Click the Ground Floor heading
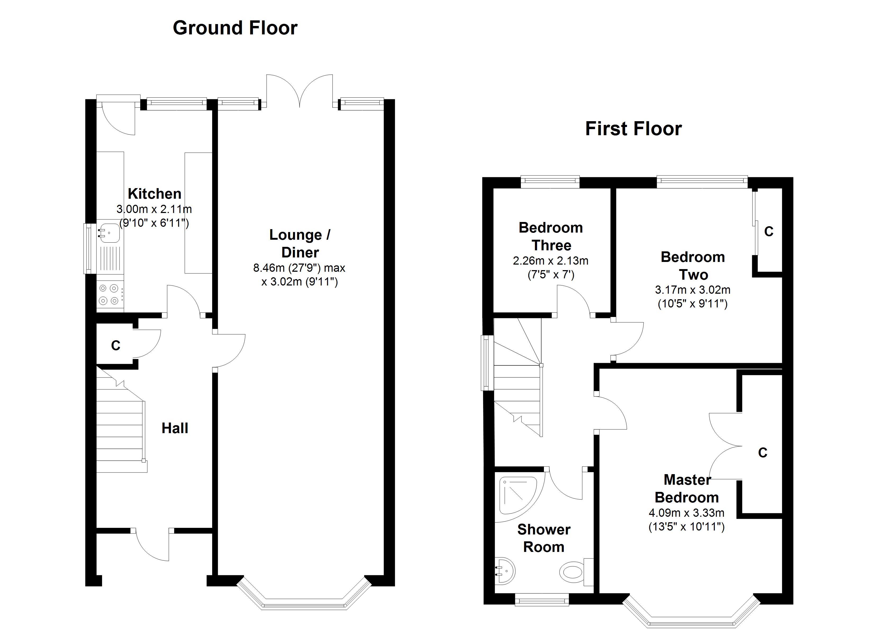click(x=235, y=28)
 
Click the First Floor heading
click(x=634, y=129)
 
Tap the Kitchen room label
click(x=154, y=193)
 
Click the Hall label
click(x=175, y=428)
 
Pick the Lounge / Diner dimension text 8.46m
click(x=266, y=268)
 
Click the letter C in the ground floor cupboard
click(x=116, y=346)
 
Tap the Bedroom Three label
click(x=551, y=237)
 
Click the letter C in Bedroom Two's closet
click(x=769, y=232)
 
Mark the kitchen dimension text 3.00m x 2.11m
click(x=154, y=209)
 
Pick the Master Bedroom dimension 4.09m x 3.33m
click(x=687, y=512)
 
